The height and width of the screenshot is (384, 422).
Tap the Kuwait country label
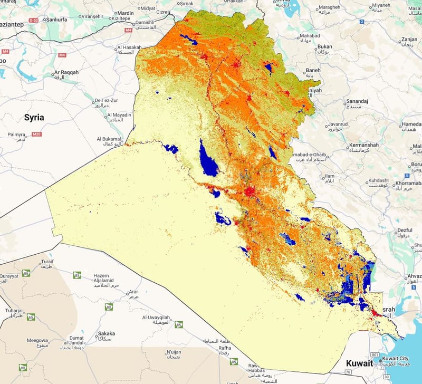pyautogui.click(x=359, y=363)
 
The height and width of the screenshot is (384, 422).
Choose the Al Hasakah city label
pyautogui.click(x=127, y=47)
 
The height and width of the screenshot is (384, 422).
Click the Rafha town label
pyautogui.click(x=225, y=348)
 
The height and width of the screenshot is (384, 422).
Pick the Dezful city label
pyautogui.click(x=405, y=230)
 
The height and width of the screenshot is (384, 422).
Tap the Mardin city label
pyautogui.click(x=125, y=13)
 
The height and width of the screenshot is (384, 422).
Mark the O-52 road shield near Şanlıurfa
pyautogui.click(x=34, y=20)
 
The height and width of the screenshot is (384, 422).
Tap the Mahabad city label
pyautogui.click(x=309, y=35)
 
